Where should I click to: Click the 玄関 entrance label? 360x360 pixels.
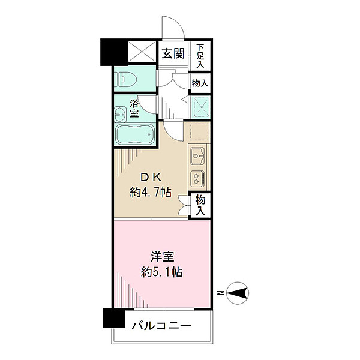point(173,54)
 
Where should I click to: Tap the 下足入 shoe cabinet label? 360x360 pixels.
point(200,56)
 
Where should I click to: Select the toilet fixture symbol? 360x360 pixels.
point(125,79)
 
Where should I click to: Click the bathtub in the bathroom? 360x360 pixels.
point(135,134)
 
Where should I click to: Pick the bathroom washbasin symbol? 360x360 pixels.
point(120,115)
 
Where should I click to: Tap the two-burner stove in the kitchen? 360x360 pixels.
point(197,179)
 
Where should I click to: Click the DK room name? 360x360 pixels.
point(151,178)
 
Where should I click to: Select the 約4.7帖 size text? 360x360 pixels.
point(151,192)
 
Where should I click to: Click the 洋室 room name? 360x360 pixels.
point(162,257)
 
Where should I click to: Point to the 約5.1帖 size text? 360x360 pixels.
point(161,272)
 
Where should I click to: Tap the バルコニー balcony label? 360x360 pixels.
point(161,325)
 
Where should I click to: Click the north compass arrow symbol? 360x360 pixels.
point(238,293)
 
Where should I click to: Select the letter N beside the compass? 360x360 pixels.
point(221,293)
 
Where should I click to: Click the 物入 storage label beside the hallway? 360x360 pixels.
point(200,83)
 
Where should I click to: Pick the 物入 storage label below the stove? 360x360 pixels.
point(200,206)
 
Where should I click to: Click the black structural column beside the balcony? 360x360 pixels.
point(114,318)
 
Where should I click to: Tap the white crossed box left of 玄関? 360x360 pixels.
point(142,52)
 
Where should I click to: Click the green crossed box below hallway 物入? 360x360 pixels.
point(200,107)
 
